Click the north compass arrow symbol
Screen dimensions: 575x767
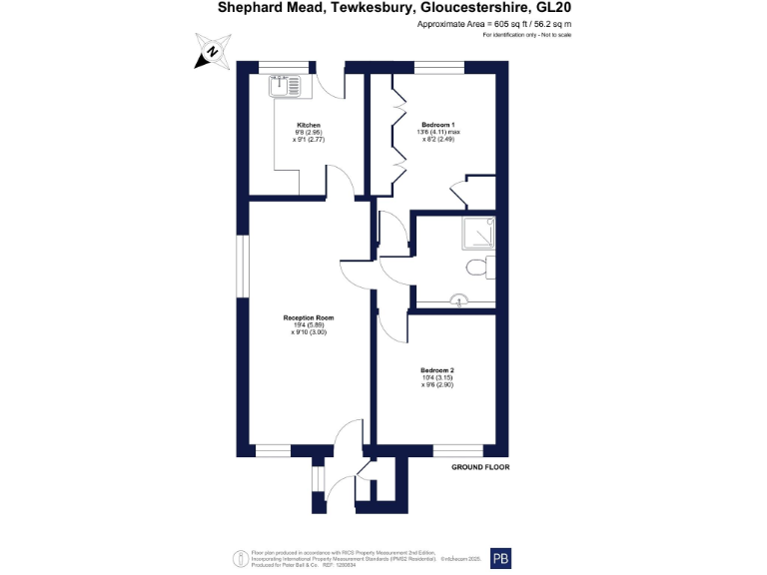tap(210, 54)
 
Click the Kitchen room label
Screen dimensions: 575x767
tap(309, 125)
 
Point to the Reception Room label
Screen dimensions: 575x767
tap(310, 317)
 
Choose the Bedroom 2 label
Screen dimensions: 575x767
tap(437, 370)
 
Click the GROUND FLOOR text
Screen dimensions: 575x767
tap(481, 467)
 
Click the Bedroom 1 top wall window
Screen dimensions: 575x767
tap(439, 68)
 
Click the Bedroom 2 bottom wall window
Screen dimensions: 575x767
tap(457, 450)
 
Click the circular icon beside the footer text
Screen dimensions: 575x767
tap(239, 558)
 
